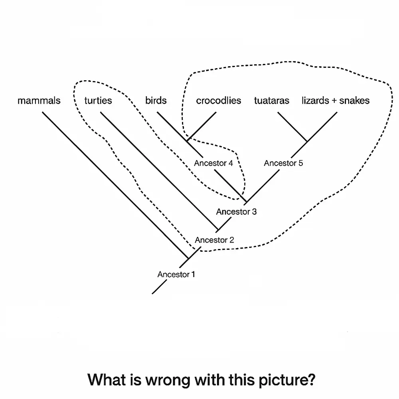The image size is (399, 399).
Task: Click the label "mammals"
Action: point(39,101)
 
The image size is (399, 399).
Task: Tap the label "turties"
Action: point(98,101)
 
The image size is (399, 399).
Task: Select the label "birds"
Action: point(156,101)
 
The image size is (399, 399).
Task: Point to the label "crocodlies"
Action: point(219,101)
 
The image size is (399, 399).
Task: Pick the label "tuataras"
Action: point(272,101)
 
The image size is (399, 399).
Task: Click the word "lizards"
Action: point(315,101)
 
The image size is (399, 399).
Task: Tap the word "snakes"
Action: point(355,101)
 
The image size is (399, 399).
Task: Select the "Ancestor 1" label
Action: point(176,275)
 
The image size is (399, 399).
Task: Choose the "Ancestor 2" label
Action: point(214,240)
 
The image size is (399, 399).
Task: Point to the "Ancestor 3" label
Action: point(236,212)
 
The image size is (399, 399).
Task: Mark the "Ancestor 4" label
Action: point(213,163)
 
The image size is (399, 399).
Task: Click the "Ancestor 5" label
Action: point(283,163)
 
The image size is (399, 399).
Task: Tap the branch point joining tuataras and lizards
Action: point(307,141)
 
